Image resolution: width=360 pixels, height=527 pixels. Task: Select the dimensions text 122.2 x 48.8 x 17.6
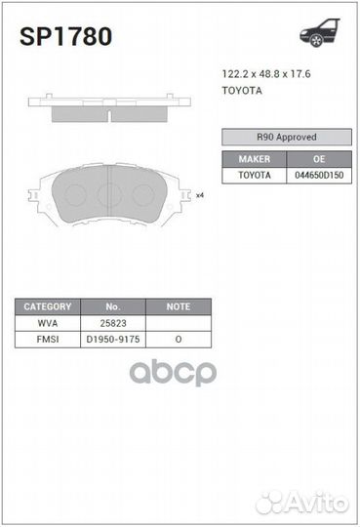click(262, 73)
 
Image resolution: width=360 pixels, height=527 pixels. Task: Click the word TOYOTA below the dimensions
click(242, 90)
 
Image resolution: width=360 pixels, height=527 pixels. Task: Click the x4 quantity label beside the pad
click(199, 195)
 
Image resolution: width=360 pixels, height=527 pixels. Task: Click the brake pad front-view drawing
click(109, 194)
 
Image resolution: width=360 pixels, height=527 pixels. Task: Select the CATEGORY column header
click(48, 305)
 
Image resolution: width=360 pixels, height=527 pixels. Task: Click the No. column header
click(112, 305)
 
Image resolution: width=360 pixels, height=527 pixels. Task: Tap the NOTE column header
click(179, 305)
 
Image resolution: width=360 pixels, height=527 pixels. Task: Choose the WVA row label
click(48, 322)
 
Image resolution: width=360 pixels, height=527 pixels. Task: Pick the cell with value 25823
click(112, 322)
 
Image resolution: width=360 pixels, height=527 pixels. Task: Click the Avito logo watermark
click(301, 502)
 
